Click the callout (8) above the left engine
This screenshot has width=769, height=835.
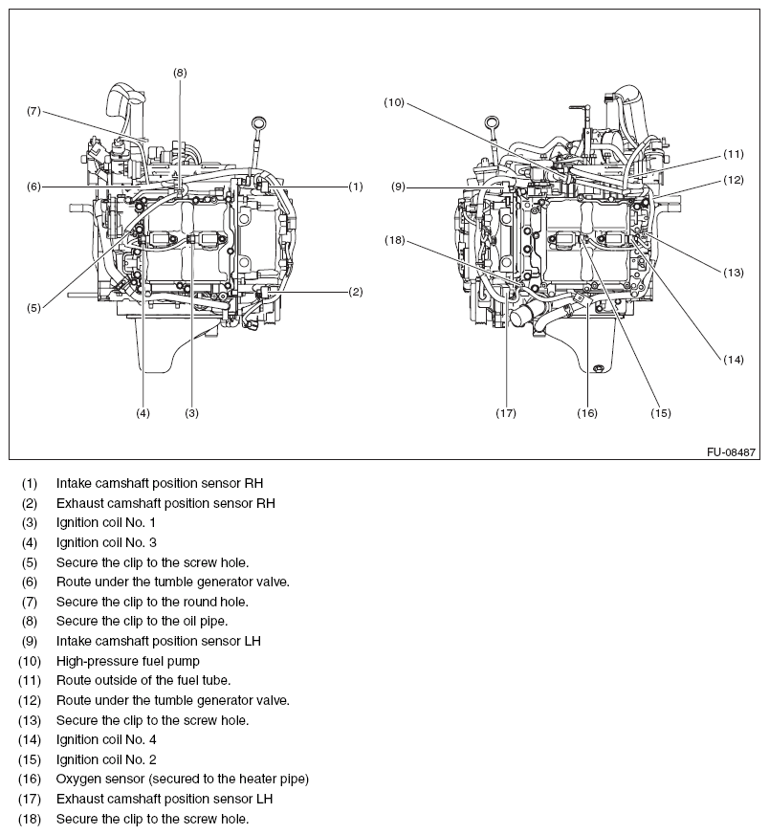180,72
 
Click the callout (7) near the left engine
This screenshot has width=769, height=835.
33,111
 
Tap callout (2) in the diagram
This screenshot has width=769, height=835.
355,291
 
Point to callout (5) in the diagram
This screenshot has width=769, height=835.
33,308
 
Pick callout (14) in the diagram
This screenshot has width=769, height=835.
733,360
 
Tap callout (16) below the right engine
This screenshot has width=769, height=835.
587,413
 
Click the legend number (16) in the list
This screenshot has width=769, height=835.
31,780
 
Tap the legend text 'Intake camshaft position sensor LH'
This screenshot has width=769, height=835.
158,641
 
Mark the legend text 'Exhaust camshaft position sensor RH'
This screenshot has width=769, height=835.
165,503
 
